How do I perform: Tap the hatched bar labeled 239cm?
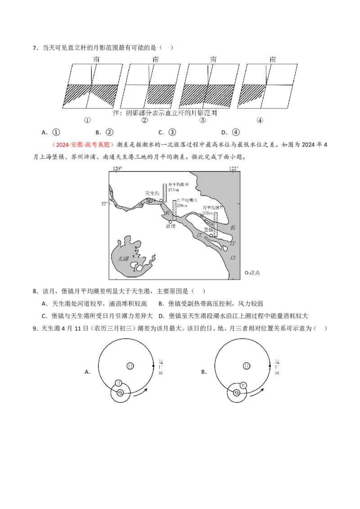click(215, 225)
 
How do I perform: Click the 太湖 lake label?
click(123, 259)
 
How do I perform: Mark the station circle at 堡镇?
click(211, 235)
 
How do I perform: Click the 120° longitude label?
click(117, 169)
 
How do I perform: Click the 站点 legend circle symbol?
click(246, 272)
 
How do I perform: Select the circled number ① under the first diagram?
click(87, 120)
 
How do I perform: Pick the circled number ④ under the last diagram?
click(260, 120)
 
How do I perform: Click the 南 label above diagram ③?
click(213, 59)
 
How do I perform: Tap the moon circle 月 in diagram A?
click(118, 383)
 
